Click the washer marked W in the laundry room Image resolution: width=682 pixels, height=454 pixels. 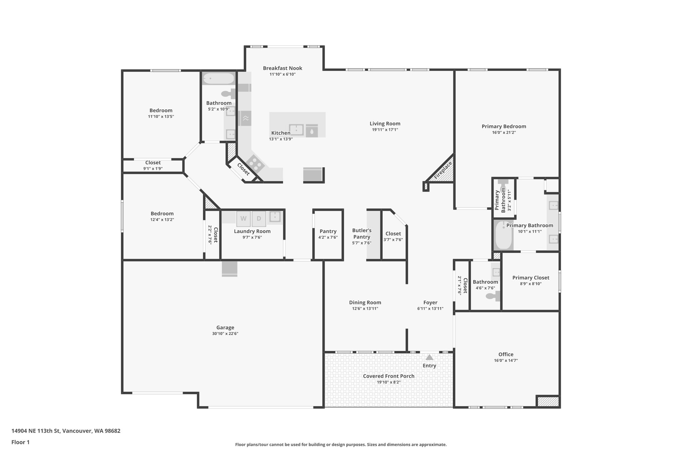(x=243, y=219)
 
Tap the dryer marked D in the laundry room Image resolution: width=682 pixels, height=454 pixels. (x=259, y=219)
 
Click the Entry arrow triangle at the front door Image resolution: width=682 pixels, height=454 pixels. (x=429, y=357)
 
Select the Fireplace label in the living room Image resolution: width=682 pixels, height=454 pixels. (x=443, y=171)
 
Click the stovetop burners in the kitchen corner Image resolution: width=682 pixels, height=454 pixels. (x=255, y=163)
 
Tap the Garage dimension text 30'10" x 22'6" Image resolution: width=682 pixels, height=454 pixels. (x=225, y=334)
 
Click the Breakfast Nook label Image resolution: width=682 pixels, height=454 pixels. (x=282, y=68)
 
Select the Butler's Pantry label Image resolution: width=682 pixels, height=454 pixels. (x=362, y=233)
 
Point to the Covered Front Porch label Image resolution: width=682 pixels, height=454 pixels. (x=389, y=376)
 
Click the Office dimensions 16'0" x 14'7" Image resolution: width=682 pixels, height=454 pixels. (x=506, y=361)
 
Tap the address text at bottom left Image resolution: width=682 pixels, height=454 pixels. (x=66, y=431)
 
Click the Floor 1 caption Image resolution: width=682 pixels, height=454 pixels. (x=20, y=442)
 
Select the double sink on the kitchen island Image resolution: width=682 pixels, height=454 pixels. (x=296, y=130)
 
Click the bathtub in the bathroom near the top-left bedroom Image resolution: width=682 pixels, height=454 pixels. (x=219, y=79)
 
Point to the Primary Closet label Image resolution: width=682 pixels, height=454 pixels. (x=530, y=278)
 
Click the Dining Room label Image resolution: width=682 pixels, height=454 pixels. (x=365, y=302)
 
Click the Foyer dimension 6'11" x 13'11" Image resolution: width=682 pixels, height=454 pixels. (x=430, y=309)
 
